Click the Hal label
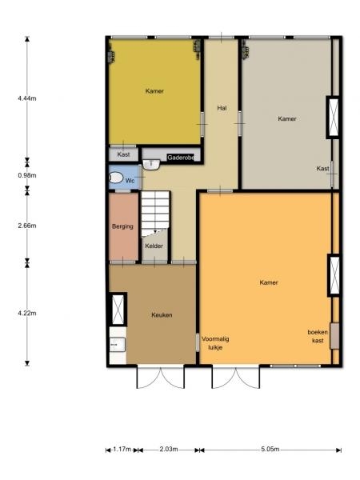point(222,108)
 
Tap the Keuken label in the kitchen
point(162,314)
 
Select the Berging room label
point(122,226)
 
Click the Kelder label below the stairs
point(154,246)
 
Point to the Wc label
point(130,181)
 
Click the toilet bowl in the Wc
point(116,178)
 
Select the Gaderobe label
point(181,158)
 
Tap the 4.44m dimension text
point(27,98)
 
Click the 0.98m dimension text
point(27,175)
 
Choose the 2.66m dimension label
point(27,226)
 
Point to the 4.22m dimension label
point(27,313)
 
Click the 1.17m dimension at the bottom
point(122,450)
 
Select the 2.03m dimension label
point(169,450)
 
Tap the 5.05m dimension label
point(270,450)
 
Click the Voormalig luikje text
point(215,343)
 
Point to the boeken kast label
point(318,336)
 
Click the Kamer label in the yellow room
point(154,91)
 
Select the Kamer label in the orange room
point(269,282)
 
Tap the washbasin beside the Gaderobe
point(151,164)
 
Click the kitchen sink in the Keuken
point(118,345)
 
